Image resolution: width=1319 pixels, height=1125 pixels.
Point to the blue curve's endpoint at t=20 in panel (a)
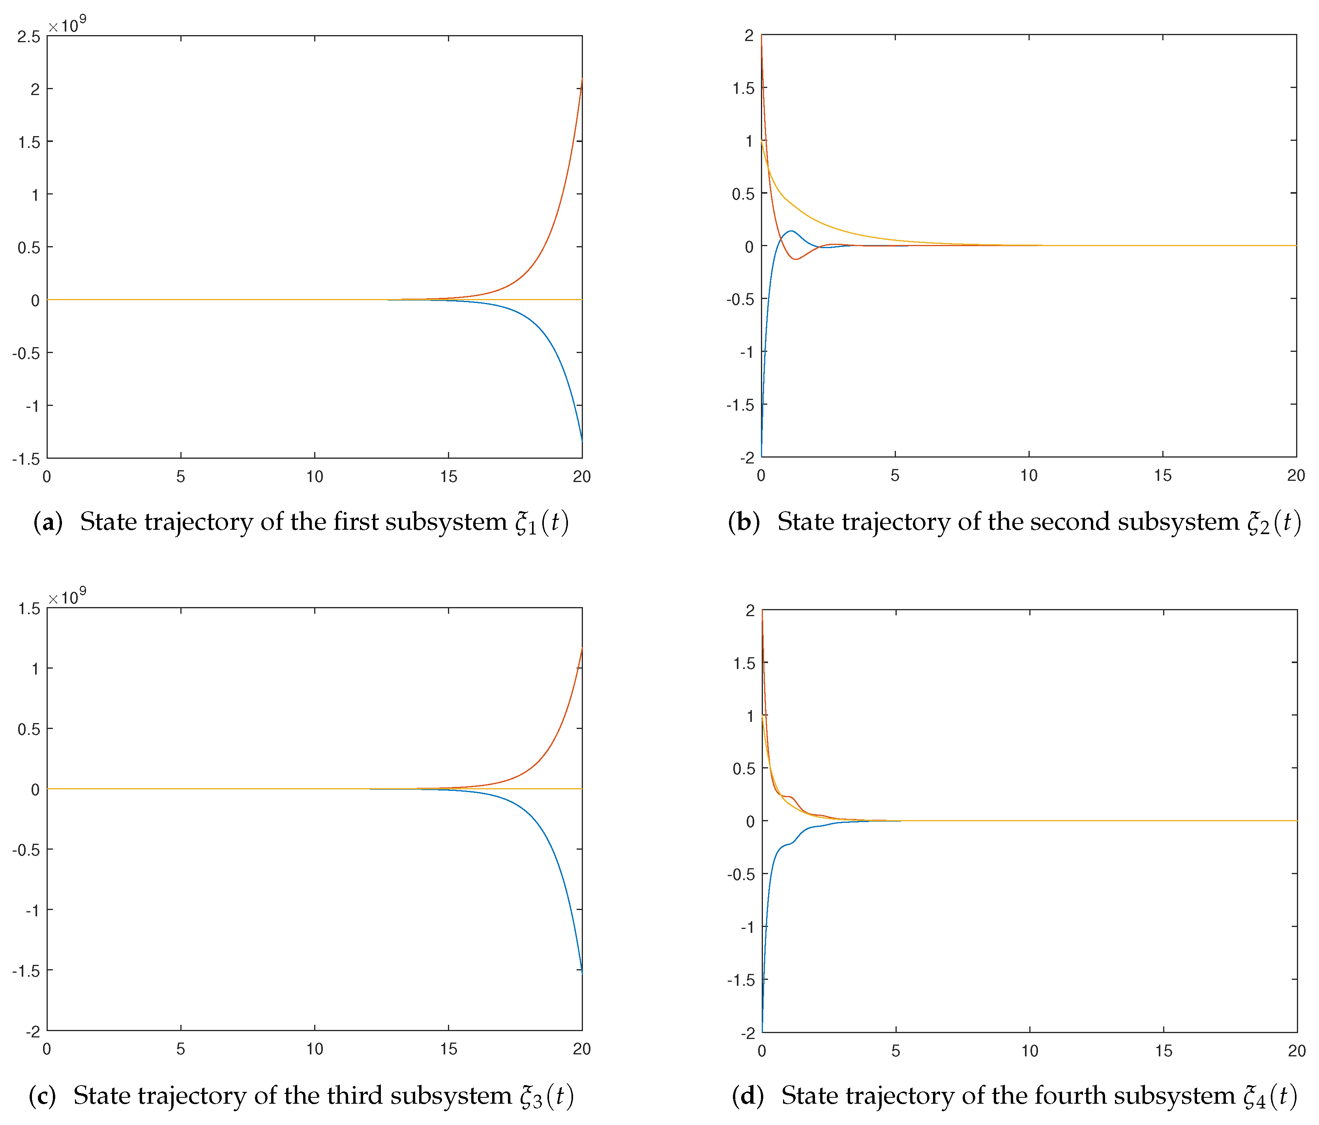click(x=581, y=439)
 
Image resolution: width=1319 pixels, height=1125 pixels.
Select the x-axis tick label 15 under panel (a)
click(x=448, y=477)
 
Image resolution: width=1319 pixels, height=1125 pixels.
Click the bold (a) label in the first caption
click(x=48, y=522)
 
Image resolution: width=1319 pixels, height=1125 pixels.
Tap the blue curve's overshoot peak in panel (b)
click(x=791, y=231)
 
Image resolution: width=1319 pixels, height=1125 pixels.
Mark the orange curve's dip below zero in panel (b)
click(x=795, y=259)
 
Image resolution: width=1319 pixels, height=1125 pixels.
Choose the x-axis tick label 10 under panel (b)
click(x=1029, y=475)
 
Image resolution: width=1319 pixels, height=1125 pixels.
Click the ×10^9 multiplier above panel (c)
click(x=67, y=597)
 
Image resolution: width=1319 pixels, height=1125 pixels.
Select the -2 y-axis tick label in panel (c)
click(x=32, y=1032)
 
